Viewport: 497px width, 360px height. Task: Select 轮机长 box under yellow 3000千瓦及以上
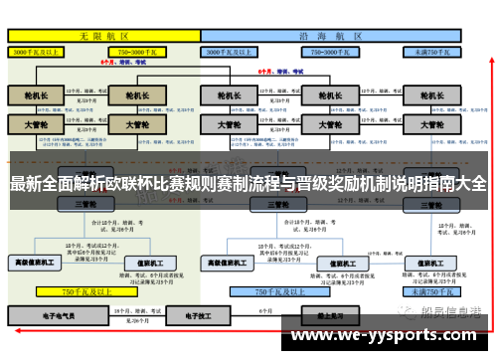click(x=37, y=95)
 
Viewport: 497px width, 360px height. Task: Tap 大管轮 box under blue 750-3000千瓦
click(x=327, y=125)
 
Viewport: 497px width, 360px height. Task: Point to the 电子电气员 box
click(x=43, y=314)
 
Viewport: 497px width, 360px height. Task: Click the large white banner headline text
click(x=248, y=184)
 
